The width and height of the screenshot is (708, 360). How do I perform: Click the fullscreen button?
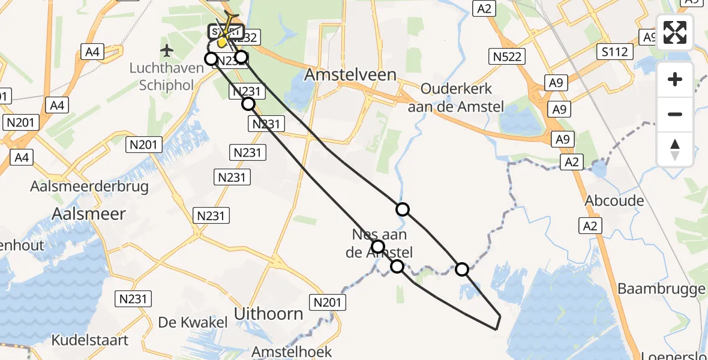click(x=675, y=32)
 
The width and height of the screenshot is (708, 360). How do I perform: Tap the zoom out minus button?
click(x=675, y=114)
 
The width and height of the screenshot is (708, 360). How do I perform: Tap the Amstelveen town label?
click(x=350, y=74)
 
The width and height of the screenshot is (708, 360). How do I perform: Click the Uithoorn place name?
click(x=268, y=314)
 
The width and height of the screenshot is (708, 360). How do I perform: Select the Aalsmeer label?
click(x=89, y=214)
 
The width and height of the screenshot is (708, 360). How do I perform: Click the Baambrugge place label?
click(x=661, y=289)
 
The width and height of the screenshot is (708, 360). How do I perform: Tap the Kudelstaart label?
click(x=90, y=340)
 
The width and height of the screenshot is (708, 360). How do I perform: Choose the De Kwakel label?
click(x=193, y=322)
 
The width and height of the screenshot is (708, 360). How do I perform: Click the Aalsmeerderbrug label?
click(x=89, y=186)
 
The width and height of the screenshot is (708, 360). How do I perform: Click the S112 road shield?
click(x=616, y=52)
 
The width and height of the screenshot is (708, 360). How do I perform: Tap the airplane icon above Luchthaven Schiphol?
click(x=167, y=49)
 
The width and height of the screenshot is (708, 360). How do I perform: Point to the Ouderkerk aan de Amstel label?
click(x=456, y=98)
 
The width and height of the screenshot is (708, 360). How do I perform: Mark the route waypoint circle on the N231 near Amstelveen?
click(x=248, y=104)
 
